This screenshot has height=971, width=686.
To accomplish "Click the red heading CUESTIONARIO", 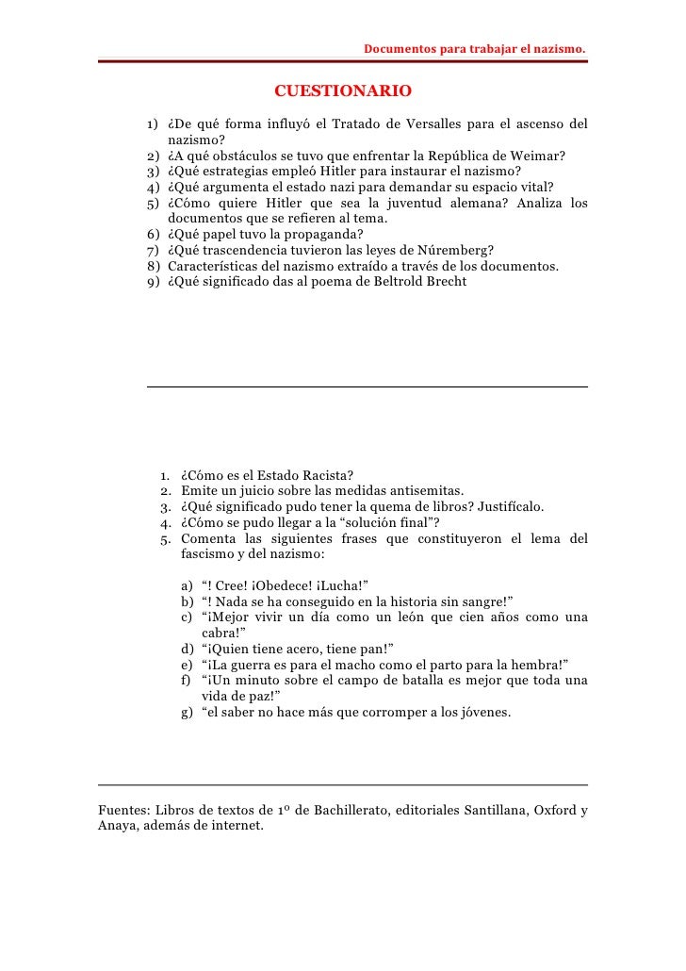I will click(x=342, y=91).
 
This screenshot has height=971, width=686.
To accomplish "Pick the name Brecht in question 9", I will click(x=445, y=282).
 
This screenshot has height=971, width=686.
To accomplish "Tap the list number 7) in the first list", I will click(x=153, y=250).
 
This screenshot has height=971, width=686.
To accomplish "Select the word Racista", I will click(x=329, y=475).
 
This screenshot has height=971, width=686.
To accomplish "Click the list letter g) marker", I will click(x=187, y=712).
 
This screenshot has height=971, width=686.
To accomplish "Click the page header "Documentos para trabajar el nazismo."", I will click(x=474, y=47).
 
